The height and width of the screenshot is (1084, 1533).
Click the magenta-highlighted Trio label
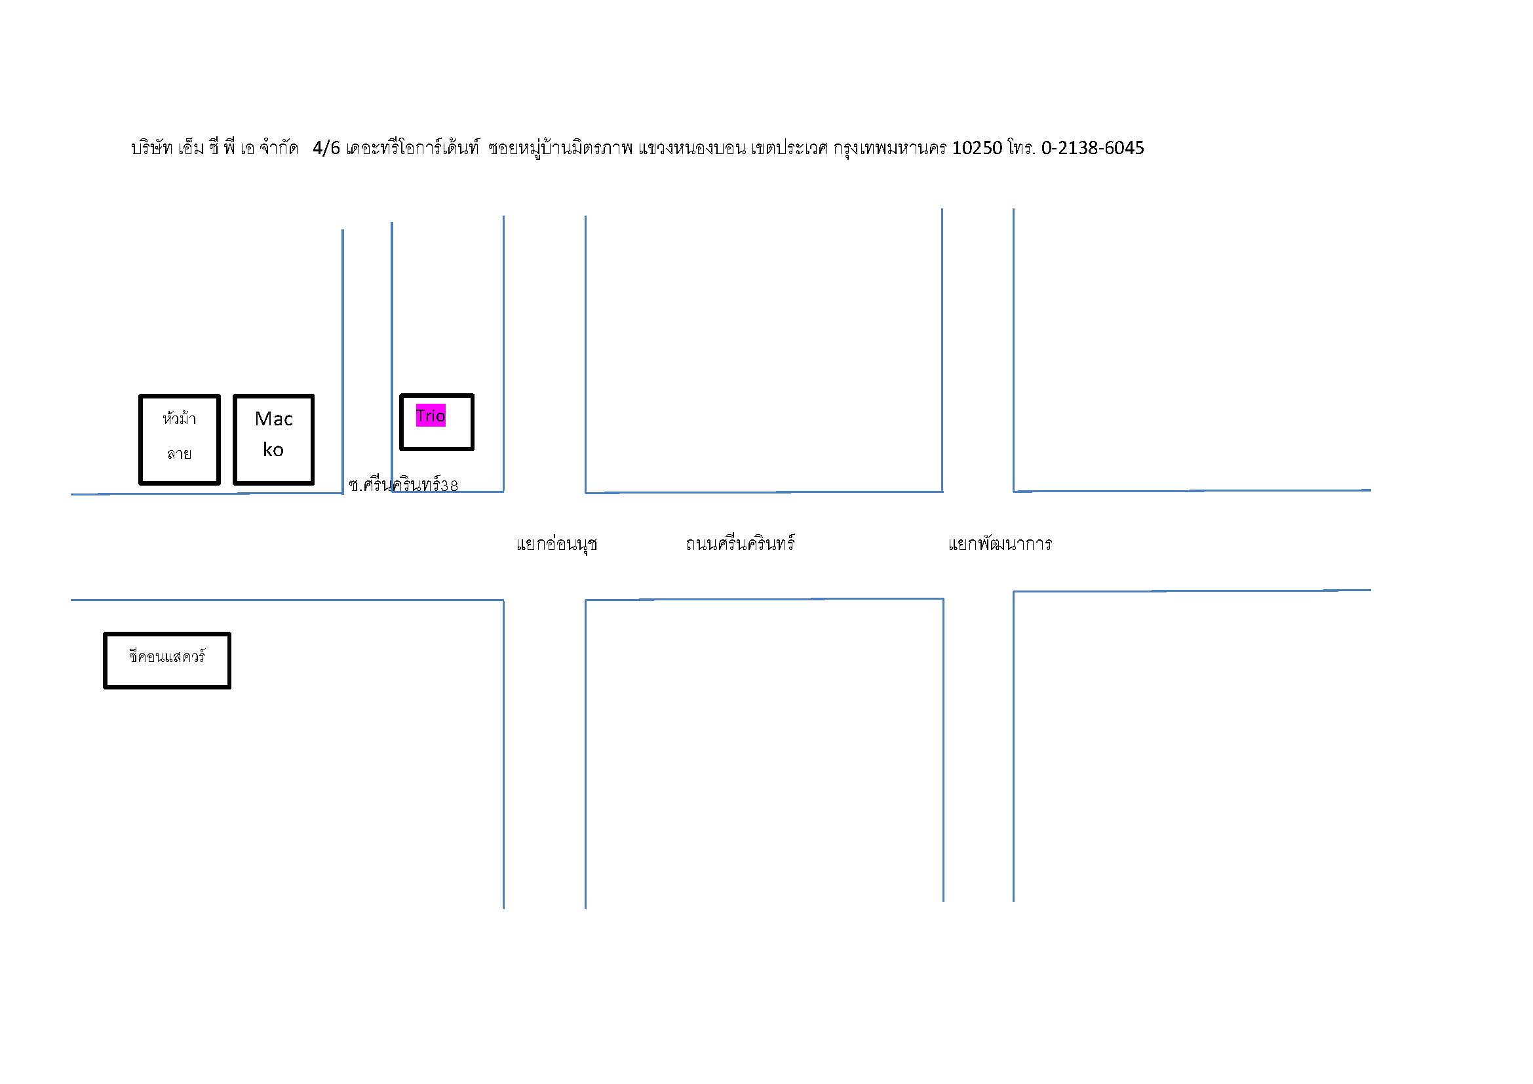pyautogui.click(x=431, y=415)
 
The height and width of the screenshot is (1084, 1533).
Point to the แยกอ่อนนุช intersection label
pyautogui.click(x=556, y=544)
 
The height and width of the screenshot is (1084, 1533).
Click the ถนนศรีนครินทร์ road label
pyautogui.click(x=740, y=543)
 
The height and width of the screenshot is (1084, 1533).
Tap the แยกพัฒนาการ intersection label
pyautogui.click(x=999, y=543)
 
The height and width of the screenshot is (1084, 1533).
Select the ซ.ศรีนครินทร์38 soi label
pyautogui.click(x=403, y=484)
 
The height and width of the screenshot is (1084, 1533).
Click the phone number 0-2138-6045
pyautogui.click(x=1093, y=147)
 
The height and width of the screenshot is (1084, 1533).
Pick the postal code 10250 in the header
pyautogui.click(x=977, y=147)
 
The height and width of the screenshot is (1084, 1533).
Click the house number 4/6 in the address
pyautogui.click(x=326, y=147)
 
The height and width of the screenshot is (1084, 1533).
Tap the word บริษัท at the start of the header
pyautogui.click(x=151, y=147)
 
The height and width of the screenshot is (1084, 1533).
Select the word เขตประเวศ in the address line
pyautogui.click(x=789, y=147)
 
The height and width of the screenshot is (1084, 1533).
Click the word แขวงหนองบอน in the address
pyautogui.click(x=691, y=147)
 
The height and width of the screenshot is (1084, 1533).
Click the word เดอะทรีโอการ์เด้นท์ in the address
pyautogui.click(x=413, y=147)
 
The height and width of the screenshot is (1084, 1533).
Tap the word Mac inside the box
pyautogui.click(x=274, y=419)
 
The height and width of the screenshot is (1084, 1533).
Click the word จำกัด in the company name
pyautogui.click(x=279, y=147)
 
